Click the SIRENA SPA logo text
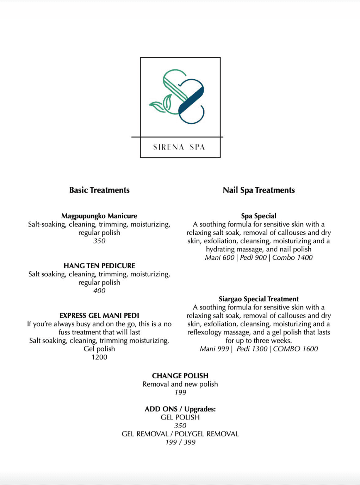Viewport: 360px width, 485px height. pyautogui.click(x=179, y=147)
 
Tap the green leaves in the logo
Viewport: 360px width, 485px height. pyautogui.click(x=161, y=104)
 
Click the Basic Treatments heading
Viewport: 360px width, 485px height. pyautogui.click(x=99, y=190)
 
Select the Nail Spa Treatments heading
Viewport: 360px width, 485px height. pyautogui.click(x=259, y=190)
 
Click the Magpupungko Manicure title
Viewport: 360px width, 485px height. pyautogui.click(x=99, y=216)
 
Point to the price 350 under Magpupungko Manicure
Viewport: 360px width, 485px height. pyautogui.click(x=99, y=241)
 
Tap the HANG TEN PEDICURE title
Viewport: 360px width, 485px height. pyautogui.click(x=99, y=266)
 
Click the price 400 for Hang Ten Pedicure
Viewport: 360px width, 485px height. pyautogui.click(x=99, y=291)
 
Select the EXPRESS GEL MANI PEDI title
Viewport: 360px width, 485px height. pyautogui.click(x=99, y=315)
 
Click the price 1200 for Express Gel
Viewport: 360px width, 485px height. pyautogui.click(x=99, y=357)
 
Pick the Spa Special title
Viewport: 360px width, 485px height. pyautogui.click(x=259, y=216)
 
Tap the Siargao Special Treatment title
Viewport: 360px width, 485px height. pyautogui.click(x=259, y=299)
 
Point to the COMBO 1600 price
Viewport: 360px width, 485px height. pyautogui.click(x=296, y=349)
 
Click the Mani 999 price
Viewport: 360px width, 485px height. pyautogui.click(x=215, y=349)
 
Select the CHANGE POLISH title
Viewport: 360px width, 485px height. pyautogui.click(x=180, y=376)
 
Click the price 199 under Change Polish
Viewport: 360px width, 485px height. pyautogui.click(x=180, y=393)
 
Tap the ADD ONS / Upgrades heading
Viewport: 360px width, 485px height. pyautogui.click(x=180, y=409)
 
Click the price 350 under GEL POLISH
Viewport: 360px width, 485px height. pyautogui.click(x=180, y=426)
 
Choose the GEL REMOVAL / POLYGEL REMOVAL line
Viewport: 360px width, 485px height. pyautogui.click(x=180, y=434)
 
